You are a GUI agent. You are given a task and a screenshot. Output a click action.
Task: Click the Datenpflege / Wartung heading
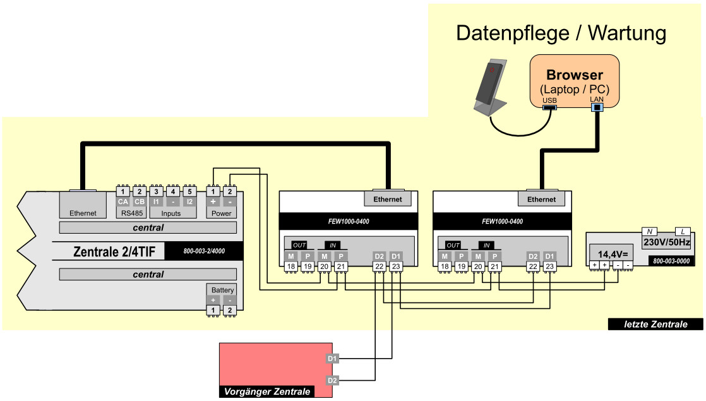tap(561, 33)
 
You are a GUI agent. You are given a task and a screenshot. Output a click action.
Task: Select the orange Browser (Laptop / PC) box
tap(574, 81)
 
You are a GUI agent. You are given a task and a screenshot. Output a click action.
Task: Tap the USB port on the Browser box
tap(549, 108)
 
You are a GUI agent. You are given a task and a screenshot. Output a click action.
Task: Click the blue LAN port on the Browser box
tap(597, 108)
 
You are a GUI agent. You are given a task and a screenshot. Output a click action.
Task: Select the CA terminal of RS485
tap(123, 202)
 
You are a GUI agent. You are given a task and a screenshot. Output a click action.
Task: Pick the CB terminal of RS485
tap(140, 202)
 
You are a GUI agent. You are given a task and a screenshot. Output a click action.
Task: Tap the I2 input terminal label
tap(189, 202)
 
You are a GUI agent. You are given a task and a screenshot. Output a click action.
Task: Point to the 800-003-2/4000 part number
tap(203, 251)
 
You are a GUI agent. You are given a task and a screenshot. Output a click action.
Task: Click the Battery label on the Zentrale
tap(223, 290)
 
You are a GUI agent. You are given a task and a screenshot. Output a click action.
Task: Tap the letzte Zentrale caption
tap(655, 325)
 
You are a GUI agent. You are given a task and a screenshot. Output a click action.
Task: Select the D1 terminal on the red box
tap(333, 359)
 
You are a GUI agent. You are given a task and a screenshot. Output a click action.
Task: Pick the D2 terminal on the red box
tap(333, 380)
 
